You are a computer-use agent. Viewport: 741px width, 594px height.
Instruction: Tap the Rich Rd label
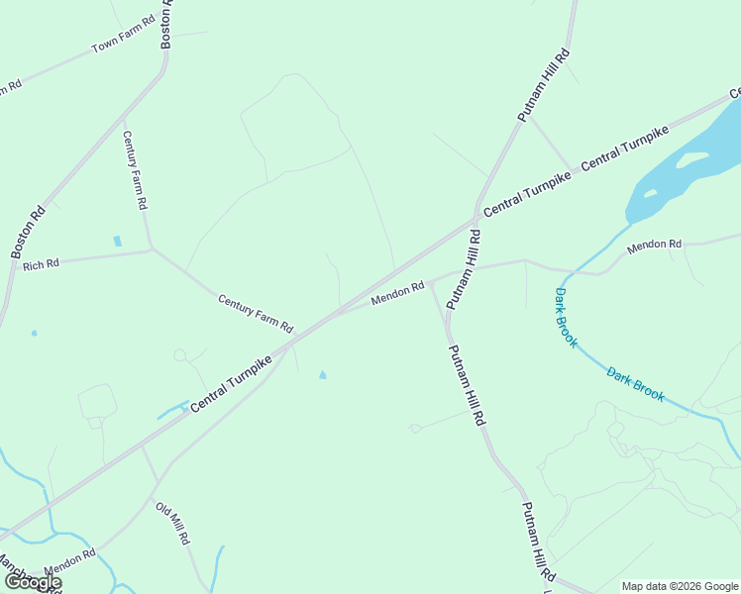tap(41, 264)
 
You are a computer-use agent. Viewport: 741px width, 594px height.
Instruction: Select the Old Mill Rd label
tap(171, 524)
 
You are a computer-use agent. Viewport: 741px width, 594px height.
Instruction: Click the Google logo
tap(33, 582)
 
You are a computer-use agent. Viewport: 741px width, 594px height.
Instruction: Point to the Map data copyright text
tap(680, 586)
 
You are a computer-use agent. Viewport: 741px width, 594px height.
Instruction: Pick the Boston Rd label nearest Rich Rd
tap(29, 232)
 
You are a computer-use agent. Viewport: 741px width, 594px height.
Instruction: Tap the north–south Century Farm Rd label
tap(135, 169)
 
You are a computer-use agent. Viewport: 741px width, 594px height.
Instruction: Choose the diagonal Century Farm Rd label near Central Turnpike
tap(256, 313)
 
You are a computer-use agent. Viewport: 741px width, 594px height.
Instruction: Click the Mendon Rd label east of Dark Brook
tap(655, 244)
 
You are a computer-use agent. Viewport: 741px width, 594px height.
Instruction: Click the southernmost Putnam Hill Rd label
tap(538, 544)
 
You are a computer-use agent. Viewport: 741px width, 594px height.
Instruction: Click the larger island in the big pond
tap(691, 158)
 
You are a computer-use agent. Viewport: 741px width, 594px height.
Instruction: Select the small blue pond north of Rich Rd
tap(118, 241)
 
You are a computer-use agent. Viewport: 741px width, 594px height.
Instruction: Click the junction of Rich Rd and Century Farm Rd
tap(151, 248)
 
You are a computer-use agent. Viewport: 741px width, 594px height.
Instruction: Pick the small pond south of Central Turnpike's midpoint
tap(322, 374)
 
